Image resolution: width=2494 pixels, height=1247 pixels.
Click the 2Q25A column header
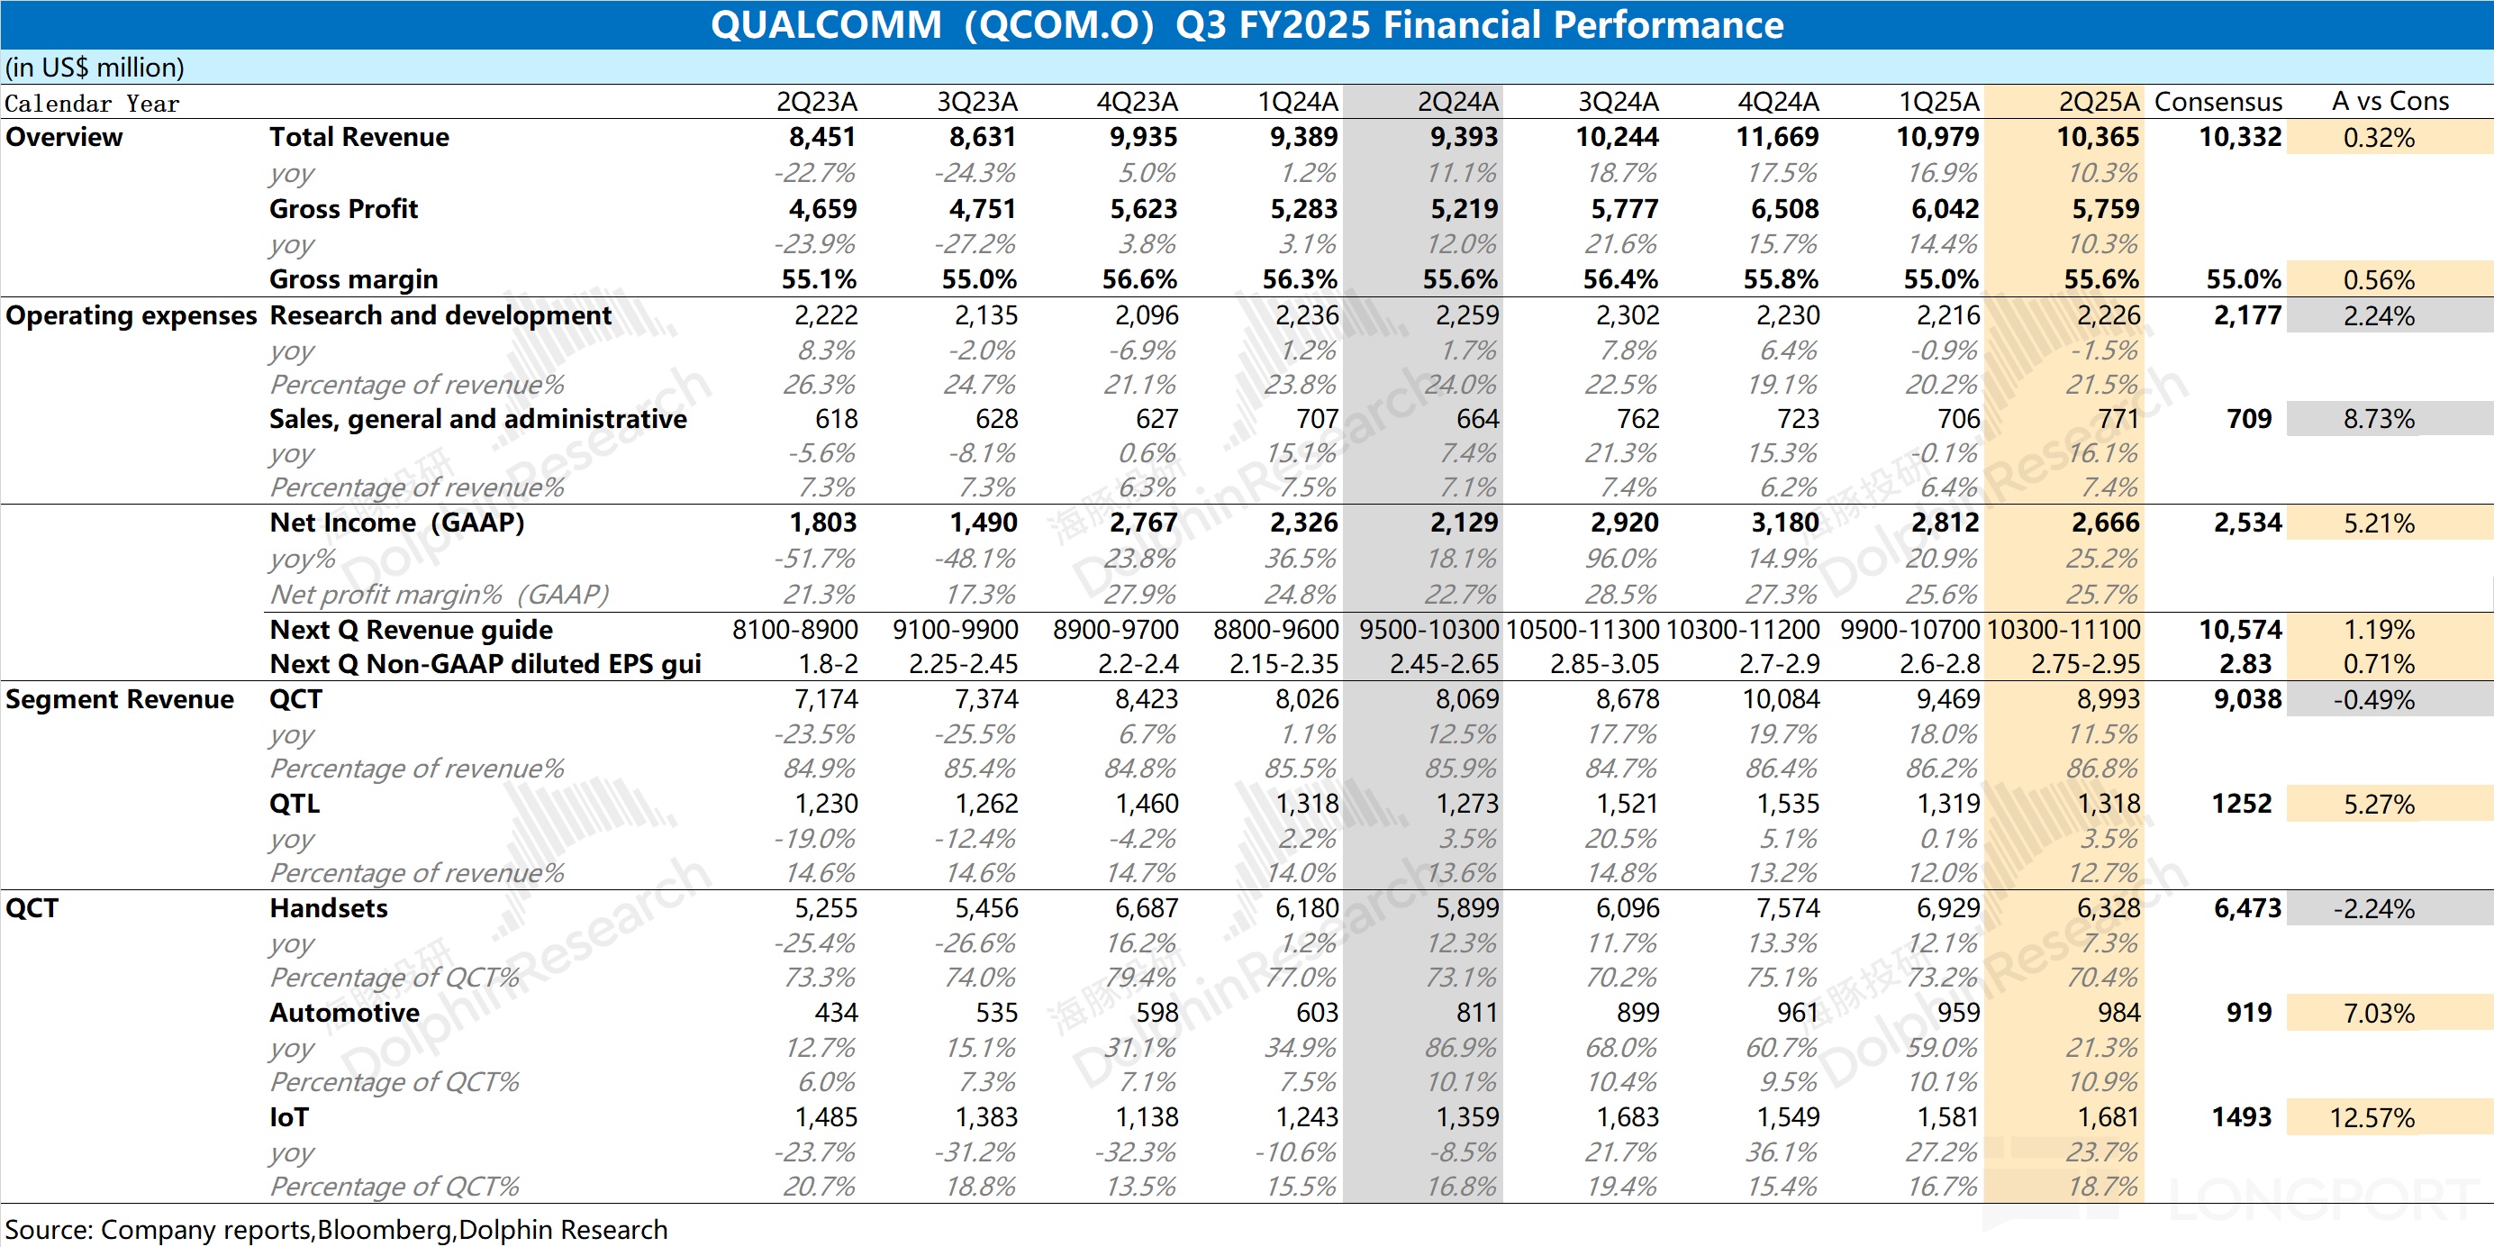[2098, 102]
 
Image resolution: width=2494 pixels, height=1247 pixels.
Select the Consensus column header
[2218, 102]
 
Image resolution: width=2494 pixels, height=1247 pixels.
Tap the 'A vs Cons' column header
[2390, 102]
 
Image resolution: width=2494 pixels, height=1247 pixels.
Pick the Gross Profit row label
[344, 209]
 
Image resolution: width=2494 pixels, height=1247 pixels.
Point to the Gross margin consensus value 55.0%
[2244, 280]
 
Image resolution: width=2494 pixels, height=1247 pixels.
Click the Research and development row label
[440, 315]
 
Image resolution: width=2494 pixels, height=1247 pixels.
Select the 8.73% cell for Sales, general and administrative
[2379, 419]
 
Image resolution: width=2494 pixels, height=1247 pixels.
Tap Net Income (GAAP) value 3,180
[1784, 523]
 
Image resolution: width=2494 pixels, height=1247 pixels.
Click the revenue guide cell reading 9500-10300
[1428, 631]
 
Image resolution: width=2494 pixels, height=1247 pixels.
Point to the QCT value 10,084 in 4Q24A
[1781, 699]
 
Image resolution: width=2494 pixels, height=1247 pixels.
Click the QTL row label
[295, 804]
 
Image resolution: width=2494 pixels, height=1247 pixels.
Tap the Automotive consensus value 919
[2248, 1013]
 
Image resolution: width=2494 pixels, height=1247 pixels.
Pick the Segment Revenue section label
[119, 699]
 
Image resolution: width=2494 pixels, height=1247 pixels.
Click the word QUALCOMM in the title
[826, 25]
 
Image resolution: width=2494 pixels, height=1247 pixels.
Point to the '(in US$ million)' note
[95, 68]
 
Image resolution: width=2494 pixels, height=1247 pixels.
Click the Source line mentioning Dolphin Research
[336, 1230]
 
